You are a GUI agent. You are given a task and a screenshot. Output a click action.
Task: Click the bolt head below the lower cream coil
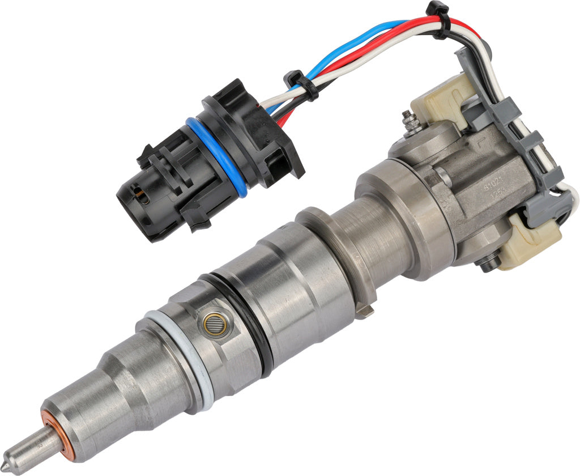pos(487,263)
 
